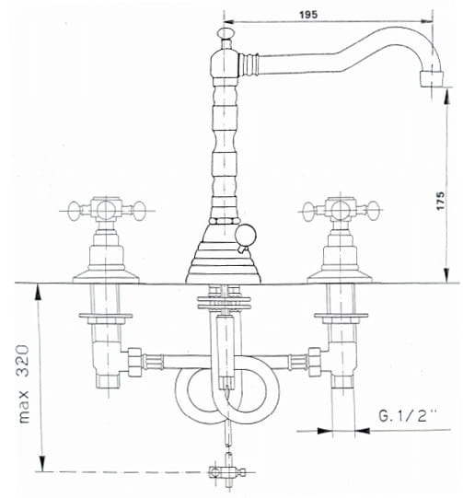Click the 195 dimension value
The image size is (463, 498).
pos(308,15)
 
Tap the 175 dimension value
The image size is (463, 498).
pos(441,201)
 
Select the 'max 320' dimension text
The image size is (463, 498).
pos(24,384)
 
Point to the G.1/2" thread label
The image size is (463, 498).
pos(408,415)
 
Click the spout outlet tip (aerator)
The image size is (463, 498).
pos(431,79)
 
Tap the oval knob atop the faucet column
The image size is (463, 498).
pos(226,33)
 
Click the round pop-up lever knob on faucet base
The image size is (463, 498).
pos(246,235)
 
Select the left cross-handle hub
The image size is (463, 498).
pos(106,210)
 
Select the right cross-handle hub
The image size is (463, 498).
pos(340,210)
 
